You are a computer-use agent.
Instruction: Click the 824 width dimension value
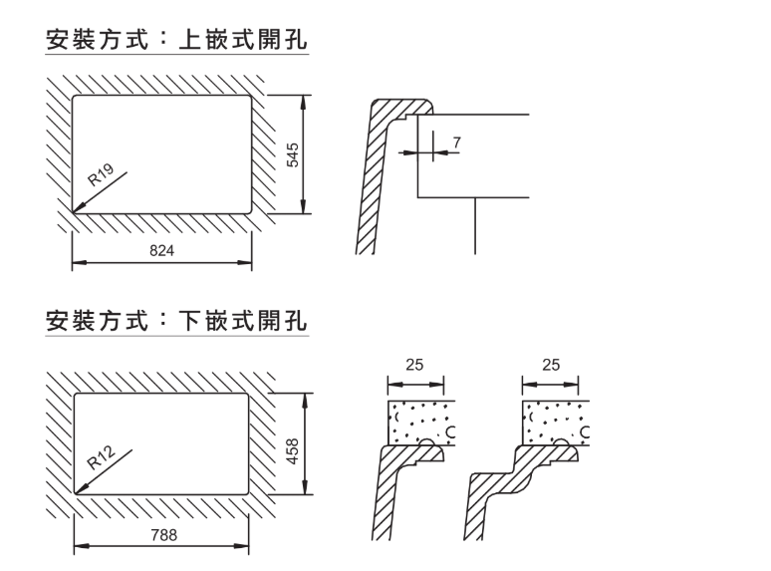[x=161, y=251]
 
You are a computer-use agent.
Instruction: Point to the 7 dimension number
[x=456, y=141]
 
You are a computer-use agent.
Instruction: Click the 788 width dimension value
[x=161, y=535]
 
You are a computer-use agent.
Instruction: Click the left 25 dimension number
[x=414, y=366]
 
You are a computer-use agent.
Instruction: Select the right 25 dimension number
[x=551, y=366]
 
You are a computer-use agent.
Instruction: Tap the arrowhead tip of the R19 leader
[x=74, y=213]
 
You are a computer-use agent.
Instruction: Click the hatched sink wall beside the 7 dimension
[x=376, y=179]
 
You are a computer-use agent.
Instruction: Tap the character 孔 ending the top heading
[x=295, y=40]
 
